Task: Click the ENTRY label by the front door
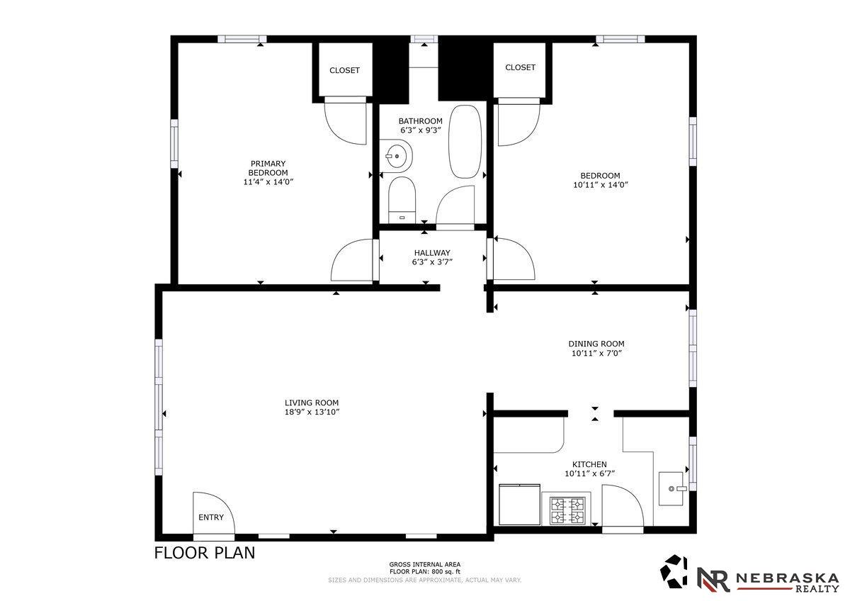click(211, 517)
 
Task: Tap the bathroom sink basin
click(396, 156)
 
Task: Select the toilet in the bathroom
click(402, 200)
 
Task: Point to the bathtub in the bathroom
click(465, 142)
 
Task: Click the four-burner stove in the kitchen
click(568, 511)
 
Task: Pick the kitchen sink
click(671, 488)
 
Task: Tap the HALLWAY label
click(432, 253)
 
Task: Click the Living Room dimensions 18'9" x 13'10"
click(312, 412)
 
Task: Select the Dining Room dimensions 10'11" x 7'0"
click(597, 353)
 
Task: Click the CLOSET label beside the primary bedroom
click(344, 70)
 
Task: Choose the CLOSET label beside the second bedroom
click(520, 67)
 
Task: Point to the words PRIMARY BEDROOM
click(268, 168)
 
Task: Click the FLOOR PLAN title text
click(205, 553)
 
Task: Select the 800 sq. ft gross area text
click(425, 571)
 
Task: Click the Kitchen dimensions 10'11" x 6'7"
click(589, 473)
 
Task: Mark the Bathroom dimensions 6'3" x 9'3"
click(421, 130)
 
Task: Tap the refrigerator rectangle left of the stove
click(519, 504)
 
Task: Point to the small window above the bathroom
click(424, 39)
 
